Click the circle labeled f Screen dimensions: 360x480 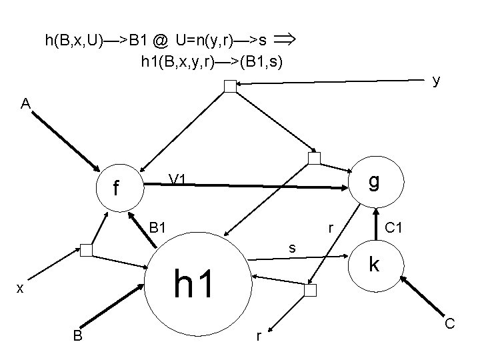click(118, 189)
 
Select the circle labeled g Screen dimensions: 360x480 click(375, 181)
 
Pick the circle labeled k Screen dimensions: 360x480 click(375, 265)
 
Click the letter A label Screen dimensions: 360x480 click(25, 104)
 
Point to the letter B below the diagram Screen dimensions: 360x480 click(78, 336)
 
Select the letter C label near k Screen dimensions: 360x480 click(450, 324)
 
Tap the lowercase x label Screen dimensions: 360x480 click(21, 287)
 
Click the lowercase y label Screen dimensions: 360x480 click(435, 81)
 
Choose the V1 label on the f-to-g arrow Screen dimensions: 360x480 click(177, 179)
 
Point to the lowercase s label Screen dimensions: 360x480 click(291, 248)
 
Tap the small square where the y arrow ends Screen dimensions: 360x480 click(230, 85)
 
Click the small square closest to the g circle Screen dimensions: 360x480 click(314, 158)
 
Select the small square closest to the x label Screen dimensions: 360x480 click(86, 250)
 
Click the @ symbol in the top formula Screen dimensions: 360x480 click(160, 41)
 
